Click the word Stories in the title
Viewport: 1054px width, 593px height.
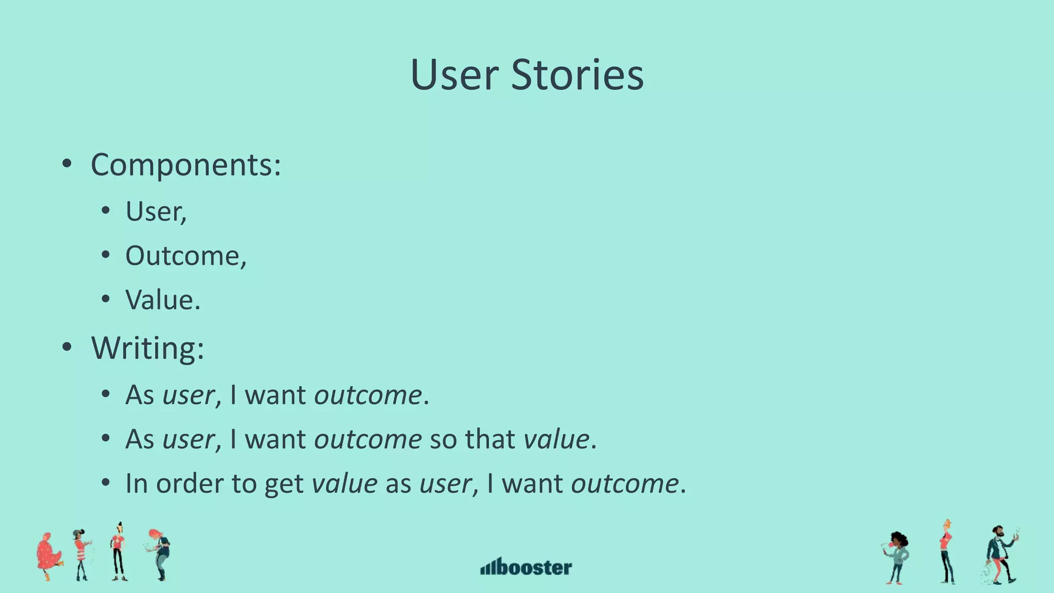[x=577, y=75]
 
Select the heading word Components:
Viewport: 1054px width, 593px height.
[x=186, y=165]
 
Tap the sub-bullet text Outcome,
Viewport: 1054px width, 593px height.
[x=186, y=256]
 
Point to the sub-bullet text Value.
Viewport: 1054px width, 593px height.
[x=163, y=300]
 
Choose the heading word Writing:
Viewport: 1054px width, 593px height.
[x=148, y=348]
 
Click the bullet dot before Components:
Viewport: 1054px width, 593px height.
[x=66, y=165]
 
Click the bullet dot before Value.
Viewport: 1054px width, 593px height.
[x=106, y=299]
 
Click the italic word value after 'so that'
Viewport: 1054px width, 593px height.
[x=556, y=440]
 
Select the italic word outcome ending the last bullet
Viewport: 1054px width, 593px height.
[x=625, y=484]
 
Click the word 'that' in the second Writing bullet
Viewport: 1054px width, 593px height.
[x=489, y=440]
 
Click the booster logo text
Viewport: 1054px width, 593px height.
[x=535, y=567]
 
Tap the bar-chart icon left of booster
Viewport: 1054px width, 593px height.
[x=488, y=567]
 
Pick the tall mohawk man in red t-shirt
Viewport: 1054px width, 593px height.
[x=119, y=552]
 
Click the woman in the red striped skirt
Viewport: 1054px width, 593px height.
[x=82, y=555]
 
